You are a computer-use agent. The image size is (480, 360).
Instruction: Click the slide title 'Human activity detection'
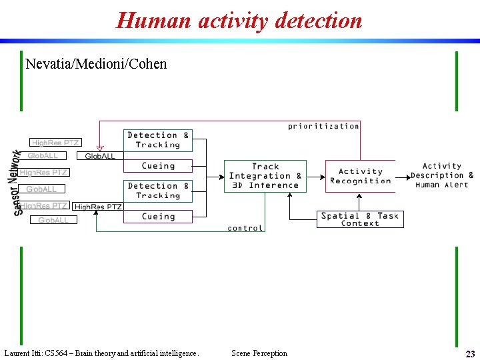(239, 20)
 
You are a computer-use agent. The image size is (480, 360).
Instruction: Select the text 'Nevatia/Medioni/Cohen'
(96, 64)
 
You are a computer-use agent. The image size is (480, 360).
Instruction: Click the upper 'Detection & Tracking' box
(158, 140)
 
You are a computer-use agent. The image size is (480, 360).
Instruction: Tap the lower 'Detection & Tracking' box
(158, 191)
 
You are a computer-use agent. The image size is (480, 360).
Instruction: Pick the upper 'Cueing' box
(158, 166)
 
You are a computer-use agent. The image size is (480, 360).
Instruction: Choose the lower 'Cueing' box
(158, 217)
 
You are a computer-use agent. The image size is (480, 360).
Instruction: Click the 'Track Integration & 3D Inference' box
(265, 176)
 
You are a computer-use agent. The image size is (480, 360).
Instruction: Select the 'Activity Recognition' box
(360, 176)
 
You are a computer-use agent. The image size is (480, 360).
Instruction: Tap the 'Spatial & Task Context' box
(360, 219)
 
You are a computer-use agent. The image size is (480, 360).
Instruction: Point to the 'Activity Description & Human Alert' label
(441, 175)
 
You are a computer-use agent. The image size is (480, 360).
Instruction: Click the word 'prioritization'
(323, 126)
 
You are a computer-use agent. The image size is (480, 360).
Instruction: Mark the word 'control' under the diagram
(245, 228)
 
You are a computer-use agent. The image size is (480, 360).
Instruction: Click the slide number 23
(470, 354)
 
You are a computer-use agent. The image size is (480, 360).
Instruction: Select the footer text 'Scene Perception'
(259, 353)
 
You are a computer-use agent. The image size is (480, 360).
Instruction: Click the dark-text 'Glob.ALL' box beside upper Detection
(100, 156)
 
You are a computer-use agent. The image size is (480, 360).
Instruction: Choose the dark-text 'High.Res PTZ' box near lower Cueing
(98, 207)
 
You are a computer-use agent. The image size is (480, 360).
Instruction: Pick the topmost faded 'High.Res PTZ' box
(56, 143)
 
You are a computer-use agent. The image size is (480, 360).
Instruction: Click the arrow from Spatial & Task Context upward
(290, 203)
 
